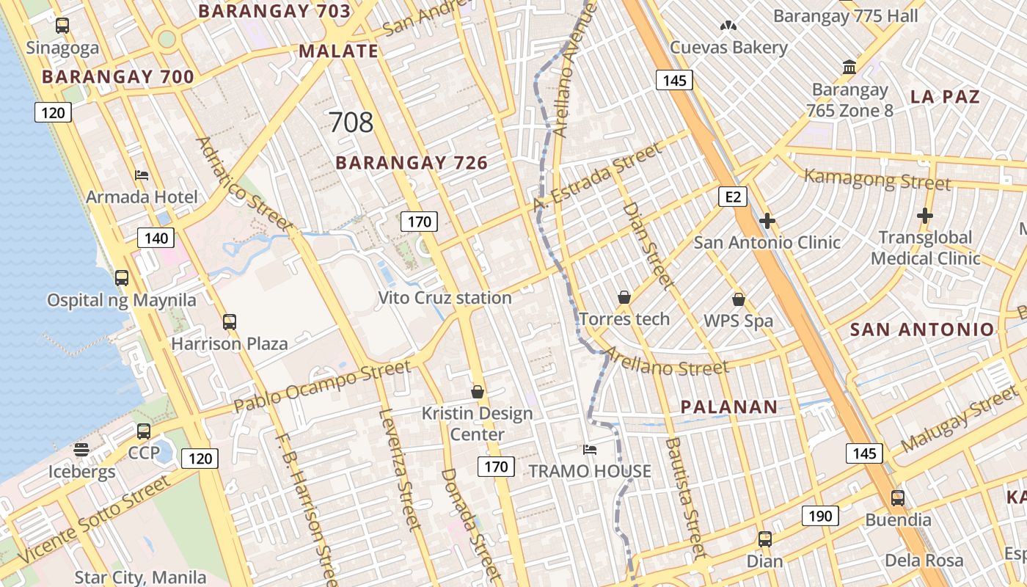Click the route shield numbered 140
tap(156, 238)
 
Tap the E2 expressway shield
tap(733, 196)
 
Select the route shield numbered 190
tap(819, 516)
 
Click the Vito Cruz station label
tap(445, 298)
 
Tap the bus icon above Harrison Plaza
tap(230, 321)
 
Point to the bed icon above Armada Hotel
tap(142, 175)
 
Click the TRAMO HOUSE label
tap(590, 471)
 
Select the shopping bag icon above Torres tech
tap(624, 297)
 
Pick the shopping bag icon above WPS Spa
tap(739, 299)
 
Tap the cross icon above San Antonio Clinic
tap(767, 220)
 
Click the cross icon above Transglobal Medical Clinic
tap(925, 216)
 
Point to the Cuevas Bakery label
tap(728, 48)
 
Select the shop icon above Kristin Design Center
tap(478, 392)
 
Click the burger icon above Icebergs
tap(81, 449)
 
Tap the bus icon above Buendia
tap(897, 498)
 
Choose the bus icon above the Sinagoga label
tap(62, 26)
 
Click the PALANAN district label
tap(728, 407)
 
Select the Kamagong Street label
tap(877, 179)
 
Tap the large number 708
tap(351, 123)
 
